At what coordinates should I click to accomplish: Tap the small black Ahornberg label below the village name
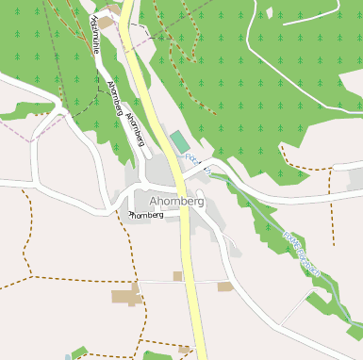146,215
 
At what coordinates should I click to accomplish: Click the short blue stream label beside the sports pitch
192,159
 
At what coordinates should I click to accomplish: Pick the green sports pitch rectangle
178,142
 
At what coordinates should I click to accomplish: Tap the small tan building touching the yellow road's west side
177,276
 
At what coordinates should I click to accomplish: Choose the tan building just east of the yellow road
224,286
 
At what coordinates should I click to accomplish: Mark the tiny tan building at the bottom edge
185,350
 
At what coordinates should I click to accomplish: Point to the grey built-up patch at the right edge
355,180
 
